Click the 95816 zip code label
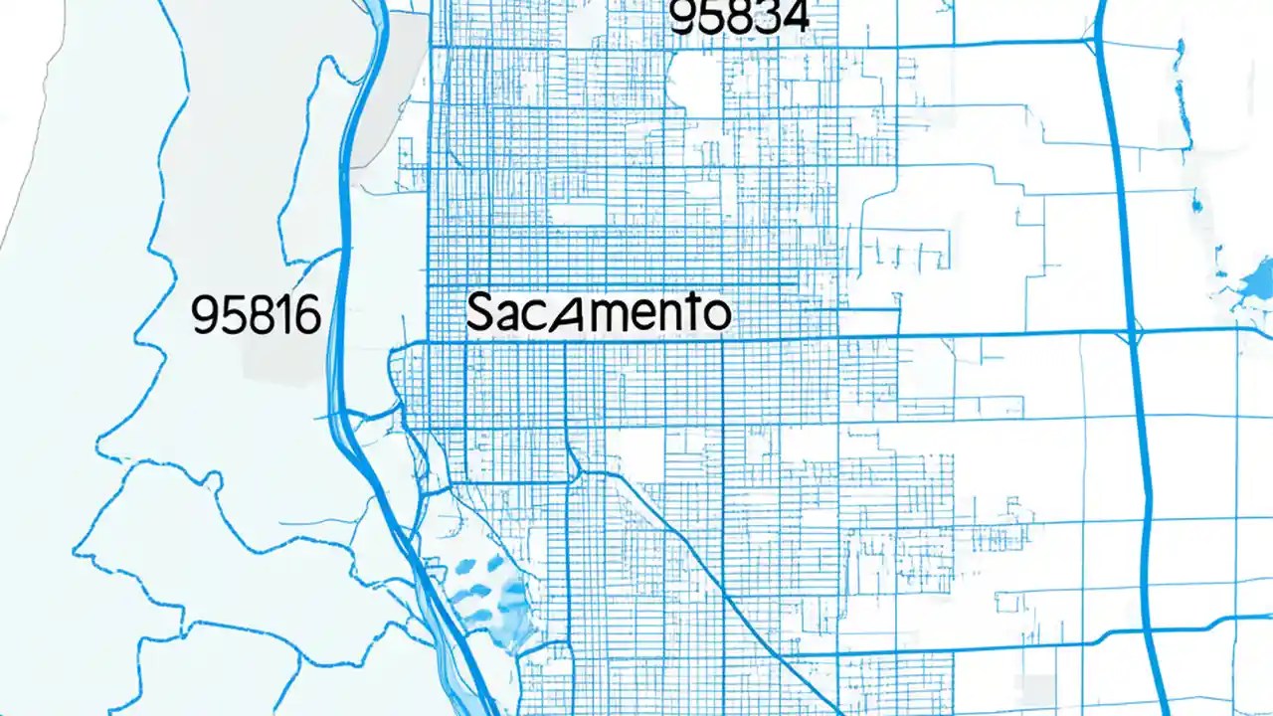pyautogui.click(x=256, y=316)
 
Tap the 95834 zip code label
pyautogui.click(x=740, y=18)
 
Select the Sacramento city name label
pyautogui.click(x=598, y=312)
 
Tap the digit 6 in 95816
pyautogui.click(x=306, y=316)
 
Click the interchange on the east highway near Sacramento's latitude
pyautogui.click(x=1133, y=332)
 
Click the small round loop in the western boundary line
pyautogui.click(x=210, y=481)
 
